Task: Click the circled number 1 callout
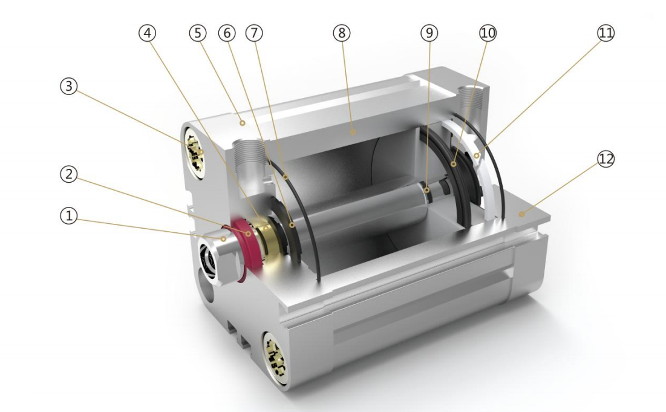point(68,216)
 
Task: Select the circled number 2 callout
point(68,174)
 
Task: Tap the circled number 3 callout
point(68,87)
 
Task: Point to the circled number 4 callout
point(148,33)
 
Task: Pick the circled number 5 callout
point(198,33)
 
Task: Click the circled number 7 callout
point(254,33)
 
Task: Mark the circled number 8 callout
point(342,33)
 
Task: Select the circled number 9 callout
point(429,33)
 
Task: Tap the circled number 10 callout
point(488,33)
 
